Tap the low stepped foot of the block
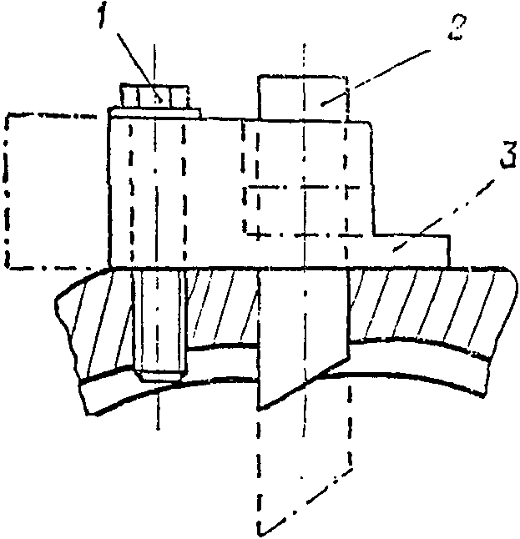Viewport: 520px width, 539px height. (x=413, y=250)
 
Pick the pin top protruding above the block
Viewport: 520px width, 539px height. (x=300, y=96)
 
